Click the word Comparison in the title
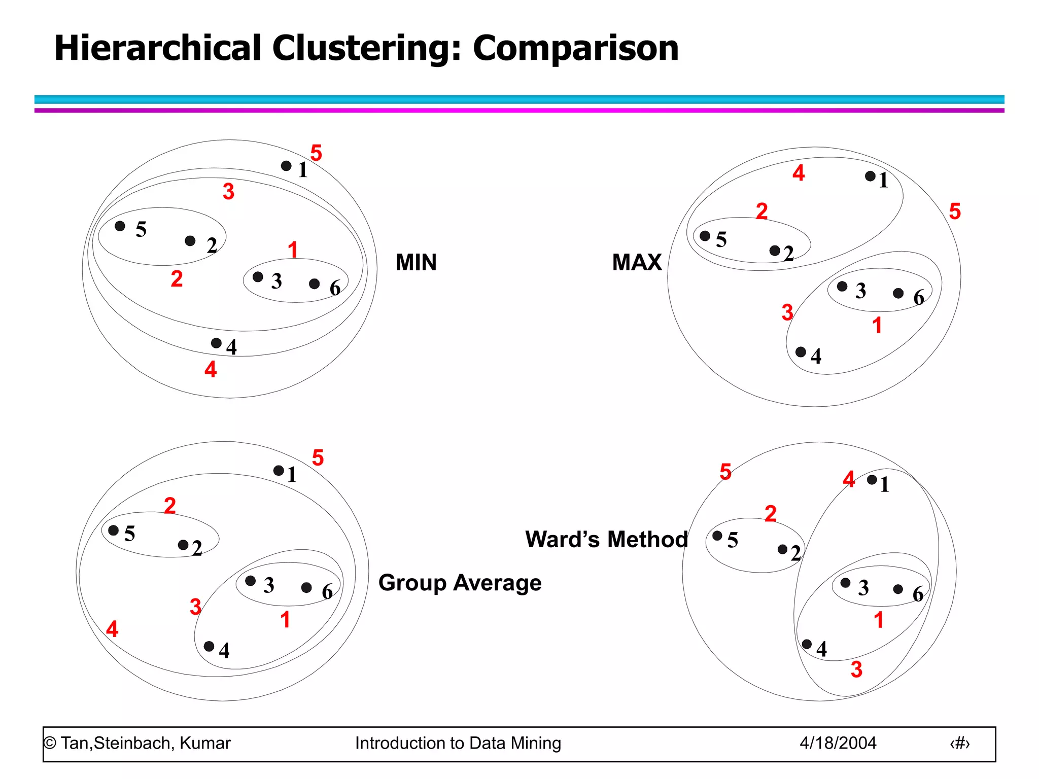[x=575, y=49]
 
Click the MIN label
[x=416, y=262]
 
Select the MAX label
[x=637, y=262]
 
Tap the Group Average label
[x=460, y=583]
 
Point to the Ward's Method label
[x=606, y=539]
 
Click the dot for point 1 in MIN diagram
[x=286, y=166]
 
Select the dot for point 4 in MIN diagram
[x=216, y=343]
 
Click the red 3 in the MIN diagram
[x=228, y=192]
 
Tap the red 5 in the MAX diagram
[x=955, y=211]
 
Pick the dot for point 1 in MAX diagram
[x=870, y=176]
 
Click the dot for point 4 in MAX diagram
[x=801, y=352]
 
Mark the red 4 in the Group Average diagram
[x=112, y=629]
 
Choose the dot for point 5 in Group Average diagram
[x=114, y=530]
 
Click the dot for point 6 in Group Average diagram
[x=306, y=587]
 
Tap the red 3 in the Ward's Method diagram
[x=856, y=669]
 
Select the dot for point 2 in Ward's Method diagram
[x=782, y=549]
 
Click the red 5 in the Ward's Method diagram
[x=725, y=472]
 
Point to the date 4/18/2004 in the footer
[x=838, y=743]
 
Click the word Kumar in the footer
[x=205, y=743]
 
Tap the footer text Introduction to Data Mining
[x=458, y=743]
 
